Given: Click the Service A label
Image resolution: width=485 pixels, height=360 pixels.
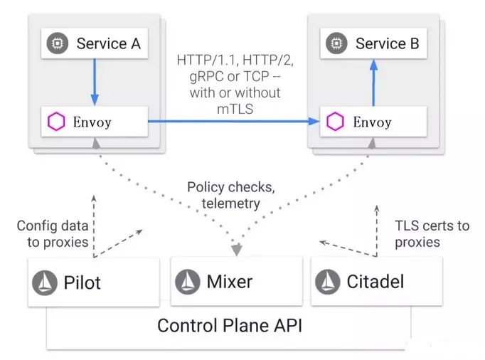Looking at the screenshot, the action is coord(109,43).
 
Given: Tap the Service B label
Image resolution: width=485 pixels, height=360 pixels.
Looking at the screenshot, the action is coord(388,43).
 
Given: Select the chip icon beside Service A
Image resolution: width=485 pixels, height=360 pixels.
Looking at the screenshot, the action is coord(57,43).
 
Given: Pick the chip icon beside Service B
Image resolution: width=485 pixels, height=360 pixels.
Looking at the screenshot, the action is coord(336,43).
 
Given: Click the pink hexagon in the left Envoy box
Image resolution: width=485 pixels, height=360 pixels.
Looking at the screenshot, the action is coord(56,122).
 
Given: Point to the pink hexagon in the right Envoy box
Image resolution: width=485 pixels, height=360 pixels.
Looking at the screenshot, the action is coord(335,122).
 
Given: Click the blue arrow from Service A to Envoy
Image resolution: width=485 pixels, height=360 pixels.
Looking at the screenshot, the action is coord(95,82).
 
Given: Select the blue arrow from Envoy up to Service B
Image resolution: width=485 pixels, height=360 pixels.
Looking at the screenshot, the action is coord(373,83).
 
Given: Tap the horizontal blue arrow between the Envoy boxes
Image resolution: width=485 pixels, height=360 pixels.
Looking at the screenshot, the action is coord(234,122).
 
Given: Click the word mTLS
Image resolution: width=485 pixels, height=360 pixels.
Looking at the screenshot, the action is coord(235,109).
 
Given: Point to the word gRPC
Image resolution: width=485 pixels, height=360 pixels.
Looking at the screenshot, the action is coord(206,76).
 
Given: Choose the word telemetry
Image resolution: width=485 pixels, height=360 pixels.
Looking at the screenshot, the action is coord(230,203).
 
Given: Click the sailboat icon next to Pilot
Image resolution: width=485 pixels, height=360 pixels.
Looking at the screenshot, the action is coord(45,282).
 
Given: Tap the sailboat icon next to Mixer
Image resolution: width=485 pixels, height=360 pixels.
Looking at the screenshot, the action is coord(188,282).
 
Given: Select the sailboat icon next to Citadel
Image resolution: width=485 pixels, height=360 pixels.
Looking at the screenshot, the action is coord(328,282).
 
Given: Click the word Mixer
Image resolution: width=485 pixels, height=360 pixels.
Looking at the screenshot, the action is coord(230,282).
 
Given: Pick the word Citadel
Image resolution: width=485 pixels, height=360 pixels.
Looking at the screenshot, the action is coord(375,282).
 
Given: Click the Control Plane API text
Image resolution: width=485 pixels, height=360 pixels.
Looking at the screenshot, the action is coord(230,326).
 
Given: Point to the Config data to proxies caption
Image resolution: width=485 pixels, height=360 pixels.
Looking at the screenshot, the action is coord(53,233).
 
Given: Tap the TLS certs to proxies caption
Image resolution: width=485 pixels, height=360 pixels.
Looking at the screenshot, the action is coord(432,233).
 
